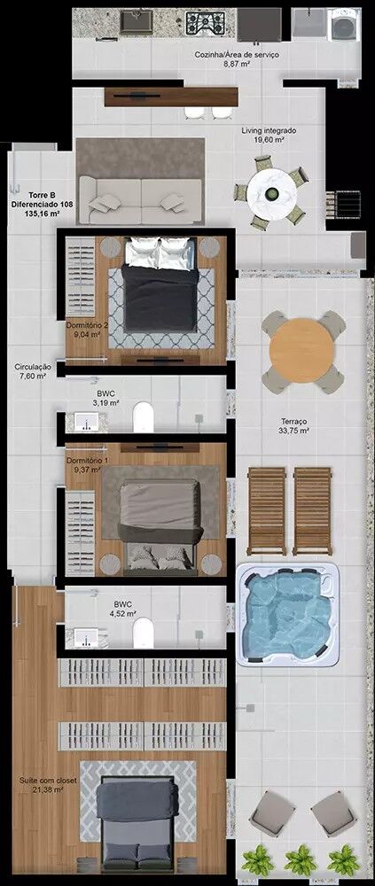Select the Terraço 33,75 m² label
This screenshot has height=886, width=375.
point(294,426)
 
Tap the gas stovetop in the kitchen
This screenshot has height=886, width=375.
point(206,23)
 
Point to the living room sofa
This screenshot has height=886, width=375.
point(140,201)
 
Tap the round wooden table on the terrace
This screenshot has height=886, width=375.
point(301,351)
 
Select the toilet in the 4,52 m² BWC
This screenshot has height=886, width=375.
point(143,632)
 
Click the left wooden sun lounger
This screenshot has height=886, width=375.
point(267,511)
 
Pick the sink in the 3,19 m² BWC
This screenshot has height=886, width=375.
point(85,422)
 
